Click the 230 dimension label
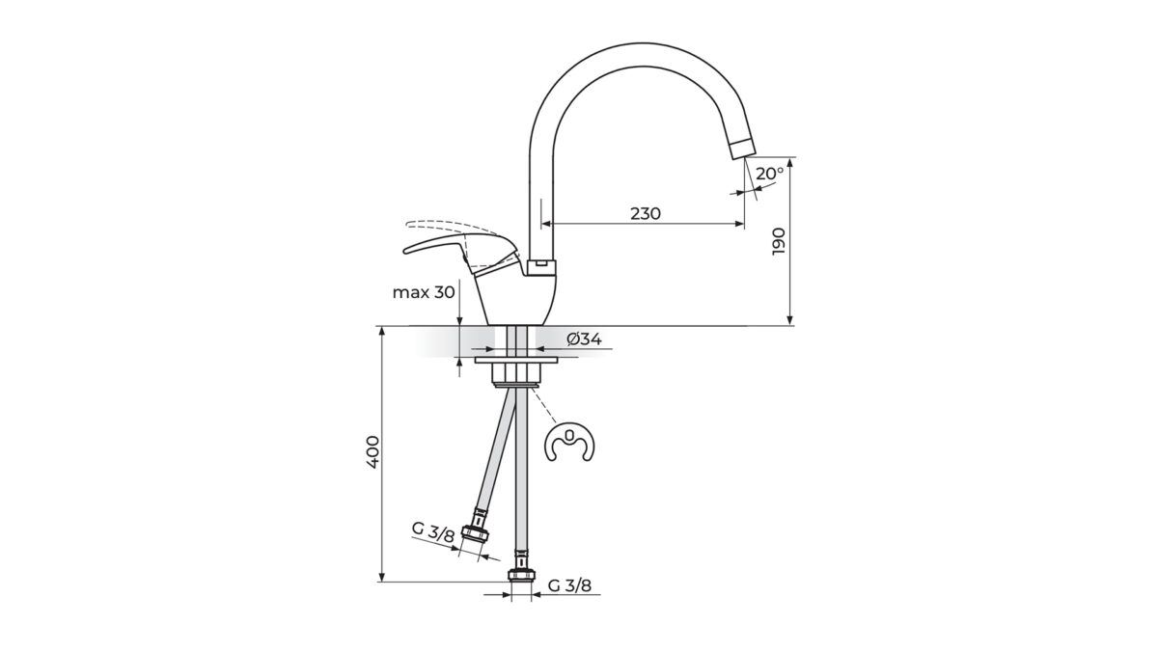coord(646,213)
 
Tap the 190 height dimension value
coord(778,241)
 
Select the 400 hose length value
coord(372,452)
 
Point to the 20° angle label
coord(770,174)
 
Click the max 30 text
coord(424,292)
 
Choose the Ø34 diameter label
coord(584,339)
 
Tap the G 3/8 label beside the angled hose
coord(433,532)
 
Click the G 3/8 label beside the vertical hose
coord(569,585)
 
